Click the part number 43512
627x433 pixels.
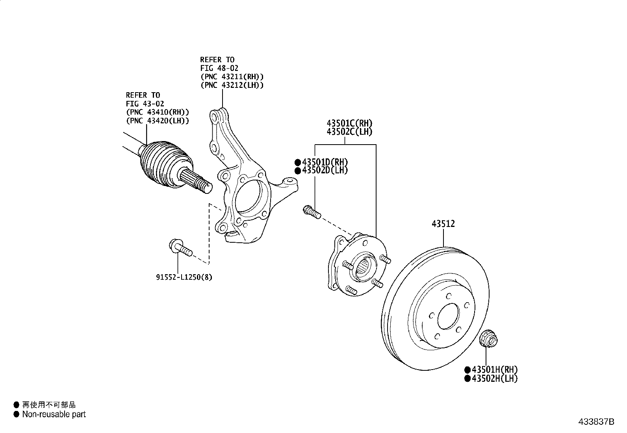tap(443, 224)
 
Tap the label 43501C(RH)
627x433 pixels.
tap(349, 123)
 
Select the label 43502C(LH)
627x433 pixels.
tap(349, 132)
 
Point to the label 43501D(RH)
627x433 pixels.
tap(325, 162)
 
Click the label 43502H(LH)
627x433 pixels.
tap(495, 378)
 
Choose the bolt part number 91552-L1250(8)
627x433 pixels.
tap(184, 277)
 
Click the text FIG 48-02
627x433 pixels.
tap(219, 68)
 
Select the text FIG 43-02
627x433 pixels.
tap(145, 104)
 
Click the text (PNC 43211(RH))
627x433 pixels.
tap(232, 76)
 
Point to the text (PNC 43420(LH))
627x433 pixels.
tap(157, 121)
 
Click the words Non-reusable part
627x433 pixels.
tap(54, 414)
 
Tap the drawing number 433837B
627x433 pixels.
tap(596, 422)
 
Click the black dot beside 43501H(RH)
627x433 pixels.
tap(467, 370)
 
